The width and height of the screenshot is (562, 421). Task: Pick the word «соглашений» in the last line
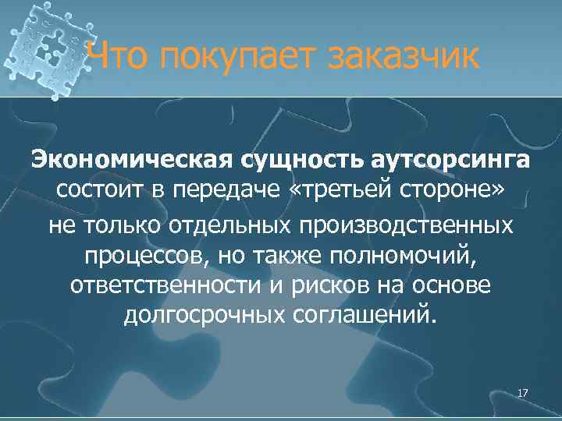362,317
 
